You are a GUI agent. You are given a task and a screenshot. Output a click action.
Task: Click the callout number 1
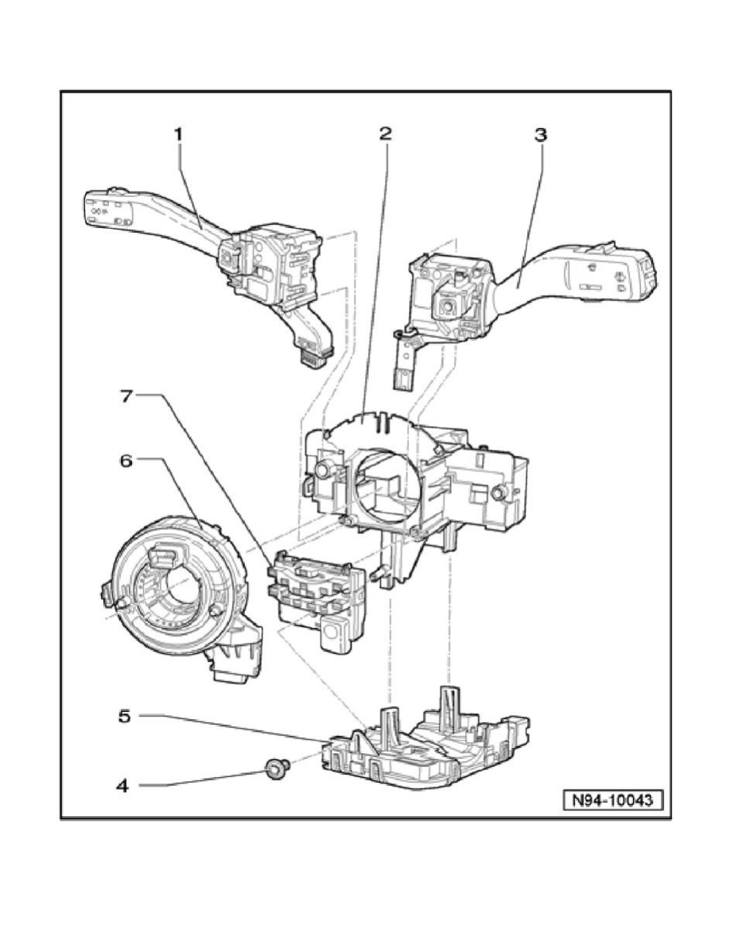[179, 136]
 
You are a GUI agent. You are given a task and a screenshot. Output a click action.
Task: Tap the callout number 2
[385, 134]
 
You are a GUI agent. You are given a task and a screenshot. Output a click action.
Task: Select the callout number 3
[540, 135]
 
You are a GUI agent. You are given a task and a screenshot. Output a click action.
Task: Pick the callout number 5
[123, 716]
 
